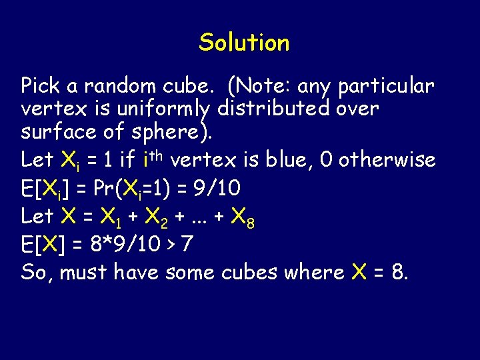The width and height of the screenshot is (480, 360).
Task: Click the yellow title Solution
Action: click(244, 43)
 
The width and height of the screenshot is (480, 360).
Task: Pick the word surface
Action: click(59, 131)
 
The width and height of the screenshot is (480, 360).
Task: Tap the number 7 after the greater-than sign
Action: click(187, 244)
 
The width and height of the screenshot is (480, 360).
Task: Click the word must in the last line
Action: click(85, 272)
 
